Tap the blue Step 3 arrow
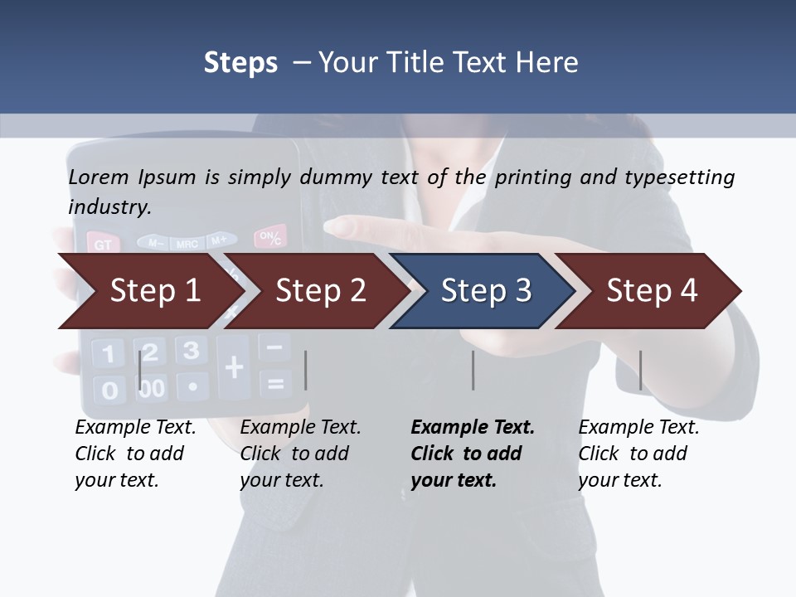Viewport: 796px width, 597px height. (485, 291)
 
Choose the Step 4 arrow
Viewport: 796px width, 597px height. (651, 291)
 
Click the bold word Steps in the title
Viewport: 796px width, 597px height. (240, 62)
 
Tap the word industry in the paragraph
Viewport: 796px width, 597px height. (109, 206)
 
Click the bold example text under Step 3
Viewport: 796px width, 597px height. (470, 454)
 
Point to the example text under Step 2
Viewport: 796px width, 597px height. (299, 454)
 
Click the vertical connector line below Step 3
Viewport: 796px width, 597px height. (473, 370)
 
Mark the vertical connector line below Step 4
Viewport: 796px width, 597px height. (640, 370)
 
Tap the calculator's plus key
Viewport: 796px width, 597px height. (234, 366)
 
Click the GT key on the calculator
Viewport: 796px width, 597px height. (103, 245)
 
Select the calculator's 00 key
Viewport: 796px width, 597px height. (152, 387)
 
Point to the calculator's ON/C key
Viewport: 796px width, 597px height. (269, 237)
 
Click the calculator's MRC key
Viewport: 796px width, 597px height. (187, 243)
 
